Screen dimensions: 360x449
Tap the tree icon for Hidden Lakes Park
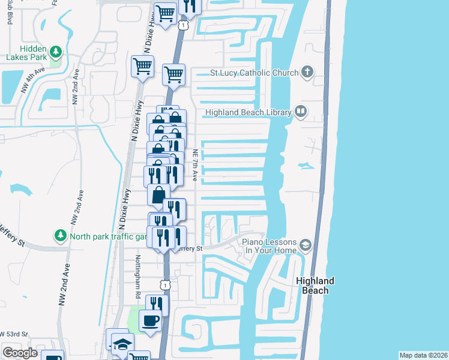tap(56, 52)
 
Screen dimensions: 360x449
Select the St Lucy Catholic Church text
tap(254, 73)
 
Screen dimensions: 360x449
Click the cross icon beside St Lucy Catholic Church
tap(307, 73)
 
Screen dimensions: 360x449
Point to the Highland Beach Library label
tap(248, 112)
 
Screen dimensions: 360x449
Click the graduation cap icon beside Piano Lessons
tap(306, 245)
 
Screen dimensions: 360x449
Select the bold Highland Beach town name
tap(315, 286)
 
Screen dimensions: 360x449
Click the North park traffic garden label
tap(107, 236)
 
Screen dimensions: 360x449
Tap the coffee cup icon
tap(150, 319)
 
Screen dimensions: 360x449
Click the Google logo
tap(20, 353)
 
